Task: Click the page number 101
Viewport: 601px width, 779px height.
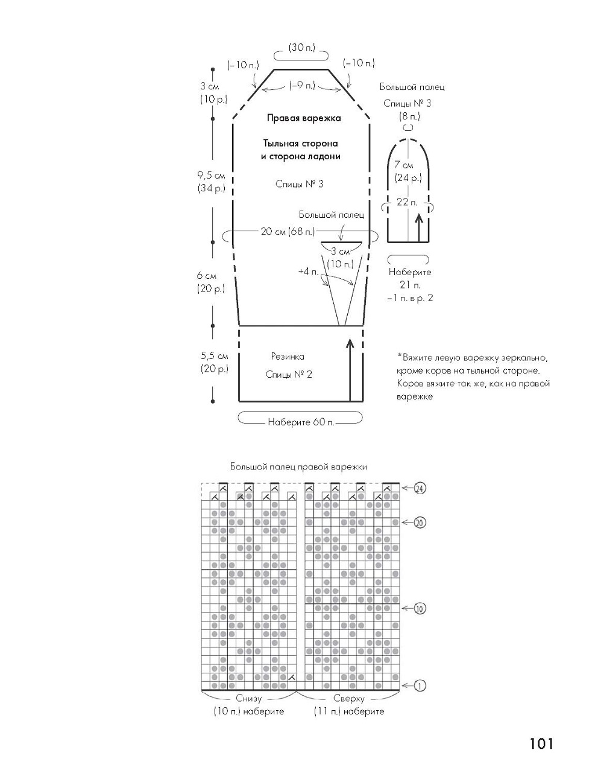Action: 541,743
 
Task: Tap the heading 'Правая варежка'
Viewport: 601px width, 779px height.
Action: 304,118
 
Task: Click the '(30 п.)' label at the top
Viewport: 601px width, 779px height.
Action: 300,47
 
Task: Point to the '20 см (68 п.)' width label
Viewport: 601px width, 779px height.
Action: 288,232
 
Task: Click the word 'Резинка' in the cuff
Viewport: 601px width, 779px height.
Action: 288,357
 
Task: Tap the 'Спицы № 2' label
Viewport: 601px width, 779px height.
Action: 289,375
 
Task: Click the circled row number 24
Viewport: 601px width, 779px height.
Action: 420,488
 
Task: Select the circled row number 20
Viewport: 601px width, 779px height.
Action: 420,523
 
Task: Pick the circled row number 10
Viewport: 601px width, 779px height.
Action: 420,608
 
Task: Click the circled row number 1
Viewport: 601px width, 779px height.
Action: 420,685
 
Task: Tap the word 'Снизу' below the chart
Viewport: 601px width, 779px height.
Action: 248,699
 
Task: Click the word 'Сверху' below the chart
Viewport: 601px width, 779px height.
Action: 349,699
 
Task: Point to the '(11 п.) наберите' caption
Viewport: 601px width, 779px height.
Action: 348,711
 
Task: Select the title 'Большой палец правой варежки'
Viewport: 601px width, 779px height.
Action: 298,466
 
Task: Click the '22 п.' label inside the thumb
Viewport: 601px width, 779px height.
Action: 407,202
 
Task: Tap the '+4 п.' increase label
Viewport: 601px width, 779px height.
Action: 307,272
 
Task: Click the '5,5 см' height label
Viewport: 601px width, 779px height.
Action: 214,356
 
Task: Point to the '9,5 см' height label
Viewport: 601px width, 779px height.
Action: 211,176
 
